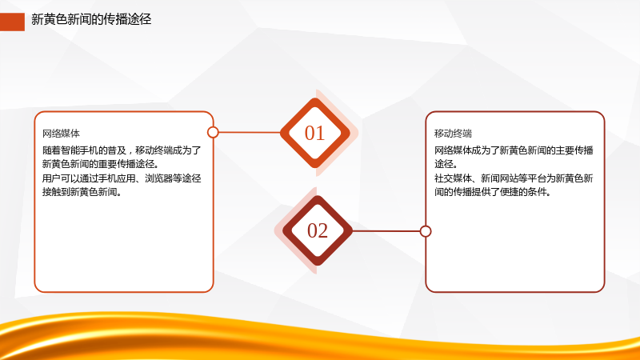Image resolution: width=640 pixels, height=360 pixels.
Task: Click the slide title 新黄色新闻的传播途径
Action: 91,19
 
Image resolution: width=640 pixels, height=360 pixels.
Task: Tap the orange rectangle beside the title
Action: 12,22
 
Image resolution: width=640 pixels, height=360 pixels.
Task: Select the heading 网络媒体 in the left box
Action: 61,134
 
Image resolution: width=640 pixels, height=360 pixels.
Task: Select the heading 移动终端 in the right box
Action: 453,134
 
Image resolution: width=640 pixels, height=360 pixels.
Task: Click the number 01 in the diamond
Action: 314,133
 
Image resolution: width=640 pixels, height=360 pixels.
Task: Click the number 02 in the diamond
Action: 318,230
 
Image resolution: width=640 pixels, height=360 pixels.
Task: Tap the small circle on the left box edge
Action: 213,132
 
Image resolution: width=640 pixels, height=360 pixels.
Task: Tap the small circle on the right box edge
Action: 426,231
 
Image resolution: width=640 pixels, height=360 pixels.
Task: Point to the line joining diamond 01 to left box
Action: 249,132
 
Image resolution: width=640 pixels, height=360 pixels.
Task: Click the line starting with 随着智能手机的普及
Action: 122,150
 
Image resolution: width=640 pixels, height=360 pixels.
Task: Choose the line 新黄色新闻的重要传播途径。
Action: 101,164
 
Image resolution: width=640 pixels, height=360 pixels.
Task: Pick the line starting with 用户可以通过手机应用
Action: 122,178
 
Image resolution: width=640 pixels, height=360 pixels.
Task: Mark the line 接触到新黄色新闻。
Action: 82,192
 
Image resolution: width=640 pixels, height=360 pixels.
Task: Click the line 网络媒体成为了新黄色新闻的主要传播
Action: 514,150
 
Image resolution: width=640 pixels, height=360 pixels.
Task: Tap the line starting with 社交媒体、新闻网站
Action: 514,178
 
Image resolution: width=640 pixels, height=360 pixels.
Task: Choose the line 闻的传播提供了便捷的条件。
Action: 493,192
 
